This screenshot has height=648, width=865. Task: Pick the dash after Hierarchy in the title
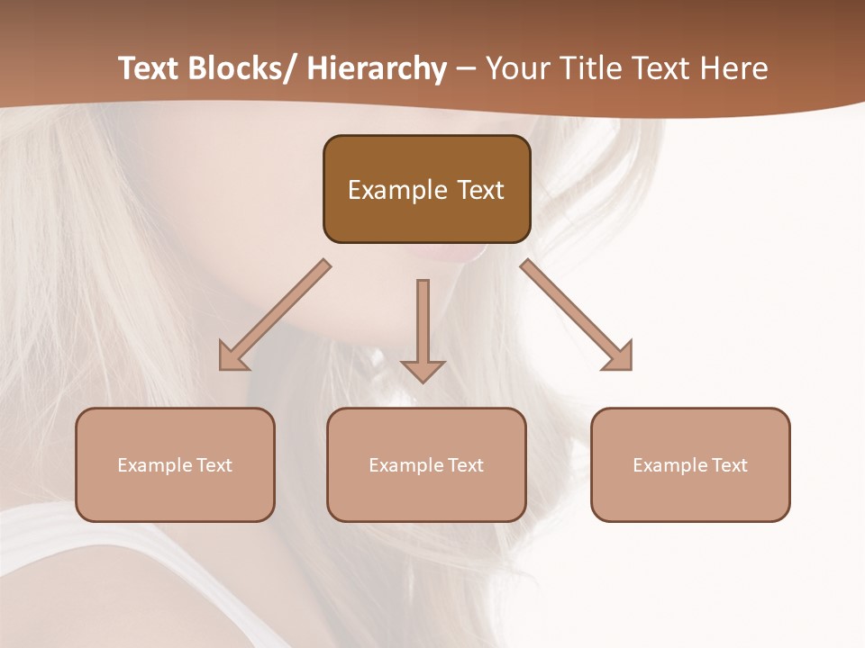pyautogui.click(x=466, y=68)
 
